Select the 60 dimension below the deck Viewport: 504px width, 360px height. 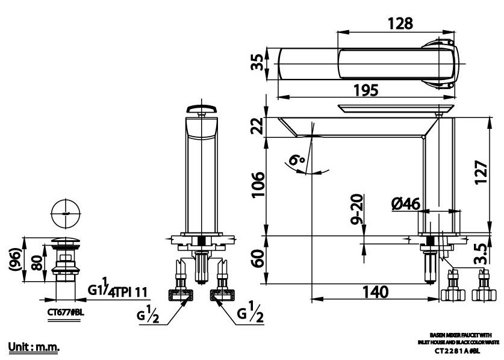pos(257,261)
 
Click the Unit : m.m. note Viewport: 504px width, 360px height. pos(34,348)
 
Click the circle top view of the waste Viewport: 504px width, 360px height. pos(65,213)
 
